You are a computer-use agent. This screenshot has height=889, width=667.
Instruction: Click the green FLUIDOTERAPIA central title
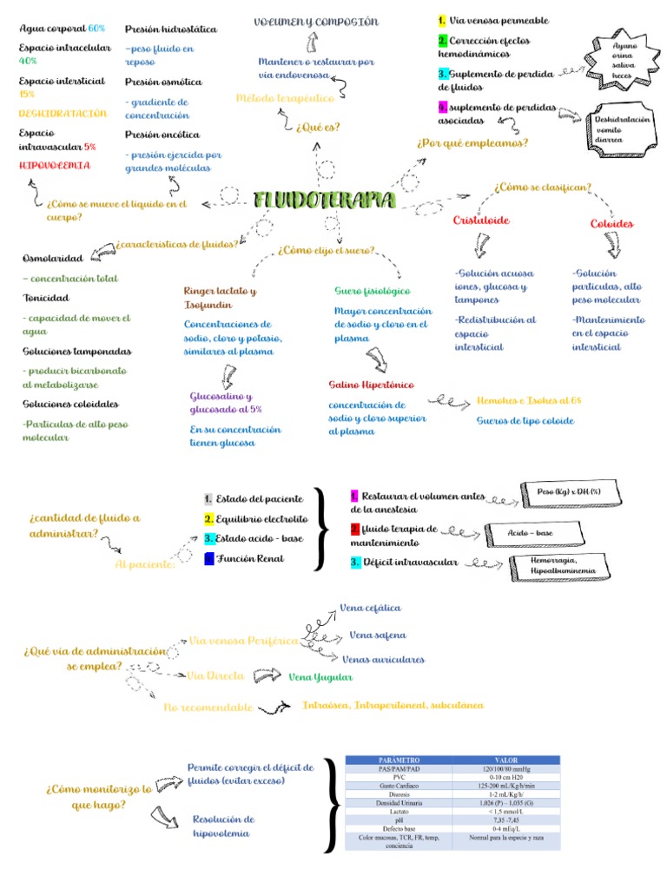pos(325,201)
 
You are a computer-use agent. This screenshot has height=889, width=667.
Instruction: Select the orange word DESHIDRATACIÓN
pos(63,114)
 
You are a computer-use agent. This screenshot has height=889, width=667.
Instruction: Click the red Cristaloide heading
pos(481,221)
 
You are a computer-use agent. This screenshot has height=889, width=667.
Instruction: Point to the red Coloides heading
pos(611,223)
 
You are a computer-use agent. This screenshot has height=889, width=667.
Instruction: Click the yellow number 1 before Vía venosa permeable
pos(442,20)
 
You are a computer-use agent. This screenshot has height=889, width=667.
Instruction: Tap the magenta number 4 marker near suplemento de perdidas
pos(442,106)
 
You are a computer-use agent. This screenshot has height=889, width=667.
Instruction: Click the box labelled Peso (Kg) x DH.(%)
pos(568,491)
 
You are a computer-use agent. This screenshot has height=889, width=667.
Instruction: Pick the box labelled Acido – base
pos(531,532)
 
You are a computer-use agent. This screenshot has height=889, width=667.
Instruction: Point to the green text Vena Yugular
pos(320,676)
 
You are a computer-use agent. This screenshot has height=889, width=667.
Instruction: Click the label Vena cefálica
pos(371,608)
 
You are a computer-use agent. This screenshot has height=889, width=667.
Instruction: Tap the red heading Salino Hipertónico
pos(371,384)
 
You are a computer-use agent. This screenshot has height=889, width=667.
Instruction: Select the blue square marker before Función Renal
pos(208,558)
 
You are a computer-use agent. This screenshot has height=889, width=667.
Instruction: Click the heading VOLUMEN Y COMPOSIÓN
pos(316,22)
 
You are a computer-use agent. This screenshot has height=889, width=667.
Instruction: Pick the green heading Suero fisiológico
pos(373,290)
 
